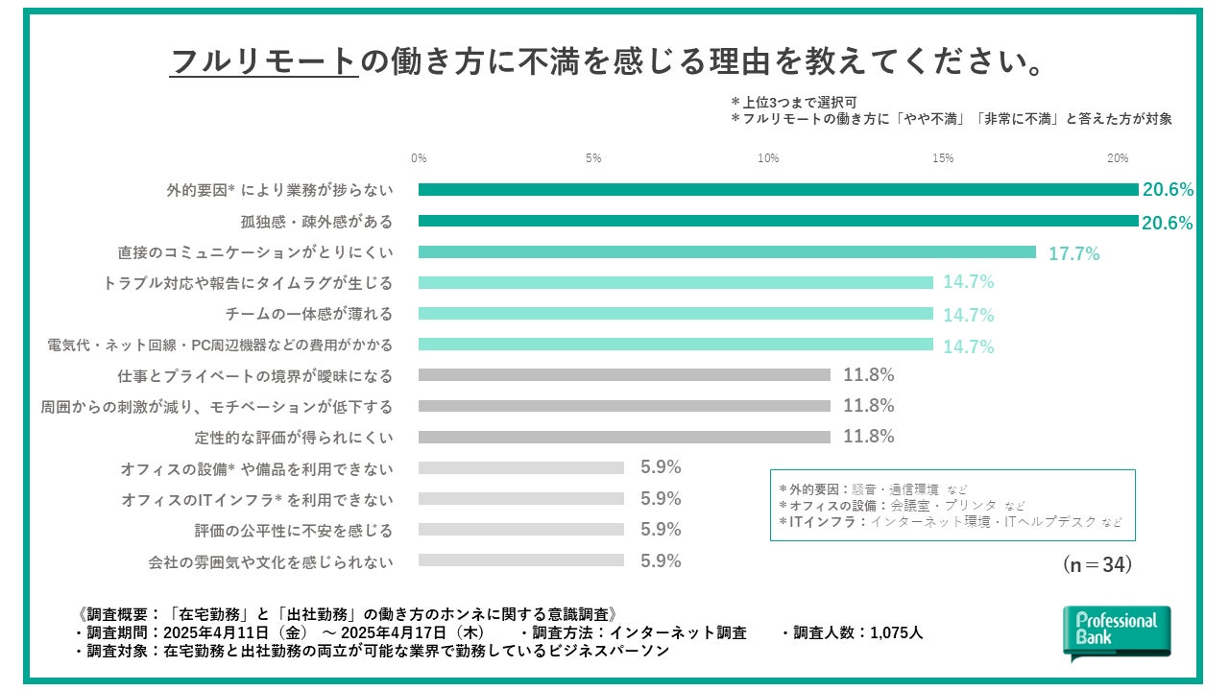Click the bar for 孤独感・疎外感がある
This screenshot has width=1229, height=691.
(x=778, y=222)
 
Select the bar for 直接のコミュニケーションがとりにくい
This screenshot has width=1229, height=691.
(x=727, y=252)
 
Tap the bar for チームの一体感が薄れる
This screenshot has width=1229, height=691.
(x=676, y=314)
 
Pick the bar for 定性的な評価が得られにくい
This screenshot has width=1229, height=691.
(x=624, y=437)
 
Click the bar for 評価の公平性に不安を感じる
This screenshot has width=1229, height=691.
(x=521, y=530)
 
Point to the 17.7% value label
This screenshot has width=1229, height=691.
(x=1073, y=254)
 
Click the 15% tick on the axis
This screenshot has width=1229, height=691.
(x=942, y=158)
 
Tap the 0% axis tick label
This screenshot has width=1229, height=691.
(x=419, y=158)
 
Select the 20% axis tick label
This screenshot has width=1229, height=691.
(x=1117, y=158)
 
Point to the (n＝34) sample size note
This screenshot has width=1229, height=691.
(x=1097, y=565)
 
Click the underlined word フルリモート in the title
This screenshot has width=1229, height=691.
(x=263, y=62)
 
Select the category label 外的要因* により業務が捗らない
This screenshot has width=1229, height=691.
(x=279, y=191)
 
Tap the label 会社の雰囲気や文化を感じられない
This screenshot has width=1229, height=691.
(x=271, y=561)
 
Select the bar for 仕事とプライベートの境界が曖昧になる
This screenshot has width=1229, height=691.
(x=624, y=375)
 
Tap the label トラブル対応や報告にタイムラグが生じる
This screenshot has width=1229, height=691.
(x=248, y=283)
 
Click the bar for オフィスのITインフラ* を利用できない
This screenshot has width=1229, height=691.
(x=521, y=499)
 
